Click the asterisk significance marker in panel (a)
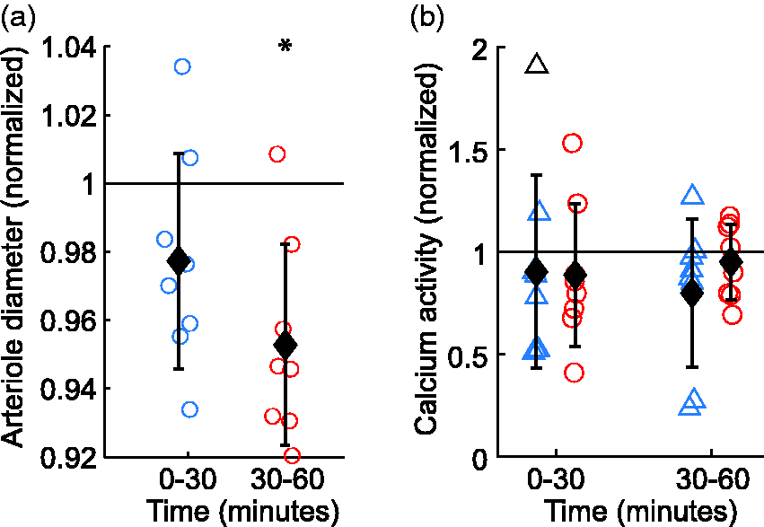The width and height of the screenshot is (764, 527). pyautogui.click(x=285, y=47)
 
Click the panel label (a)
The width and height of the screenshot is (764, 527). pyautogui.click(x=18, y=18)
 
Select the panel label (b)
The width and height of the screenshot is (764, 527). pyautogui.click(x=427, y=18)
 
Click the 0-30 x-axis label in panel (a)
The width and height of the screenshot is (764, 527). pyautogui.click(x=188, y=479)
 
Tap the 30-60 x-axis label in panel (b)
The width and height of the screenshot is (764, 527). pyautogui.click(x=712, y=479)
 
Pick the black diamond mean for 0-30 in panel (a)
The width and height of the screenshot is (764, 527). pyautogui.click(x=178, y=261)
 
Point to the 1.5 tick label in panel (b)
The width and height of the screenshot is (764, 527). pyautogui.click(x=469, y=151)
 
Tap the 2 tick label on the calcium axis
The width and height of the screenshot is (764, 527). pyautogui.click(x=480, y=49)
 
